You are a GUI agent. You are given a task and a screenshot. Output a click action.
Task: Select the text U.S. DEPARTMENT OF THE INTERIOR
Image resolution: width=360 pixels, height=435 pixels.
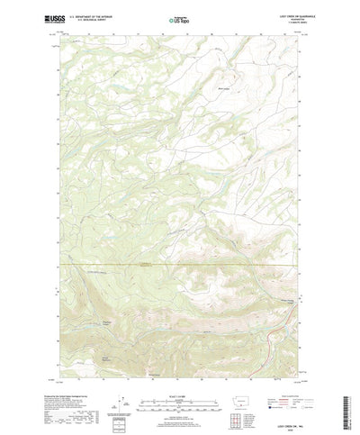point(100,15)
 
